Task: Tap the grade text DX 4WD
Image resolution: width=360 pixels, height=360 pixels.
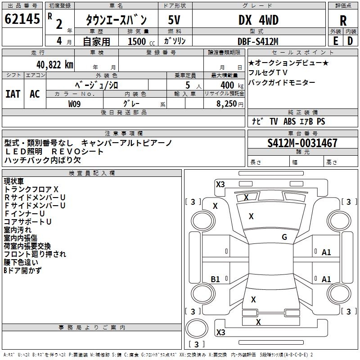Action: pyautogui.click(x=258, y=20)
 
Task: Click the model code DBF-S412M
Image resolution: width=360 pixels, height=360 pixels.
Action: pyautogui.click(x=258, y=41)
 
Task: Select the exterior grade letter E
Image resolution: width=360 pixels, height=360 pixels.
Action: pyautogui.click(x=335, y=41)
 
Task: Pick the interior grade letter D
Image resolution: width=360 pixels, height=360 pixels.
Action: pyautogui.click(x=350, y=41)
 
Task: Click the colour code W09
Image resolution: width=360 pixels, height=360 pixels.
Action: pyautogui.click(x=74, y=103)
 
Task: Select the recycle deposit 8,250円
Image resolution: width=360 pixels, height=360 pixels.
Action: pyautogui.click(x=229, y=103)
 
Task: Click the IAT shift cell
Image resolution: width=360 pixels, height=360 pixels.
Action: pyautogui.click(x=13, y=94)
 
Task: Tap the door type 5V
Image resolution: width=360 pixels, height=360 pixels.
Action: pyautogui.click(x=175, y=20)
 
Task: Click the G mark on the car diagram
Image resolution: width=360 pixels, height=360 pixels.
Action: pyautogui.click(x=284, y=237)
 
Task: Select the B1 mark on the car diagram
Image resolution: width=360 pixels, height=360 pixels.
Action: pyautogui.click(x=215, y=279)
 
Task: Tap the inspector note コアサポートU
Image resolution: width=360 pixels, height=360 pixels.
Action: pyautogui.click(x=27, y=222)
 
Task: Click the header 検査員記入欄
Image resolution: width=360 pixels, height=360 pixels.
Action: pyautogui.click(x=92, y=173)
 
